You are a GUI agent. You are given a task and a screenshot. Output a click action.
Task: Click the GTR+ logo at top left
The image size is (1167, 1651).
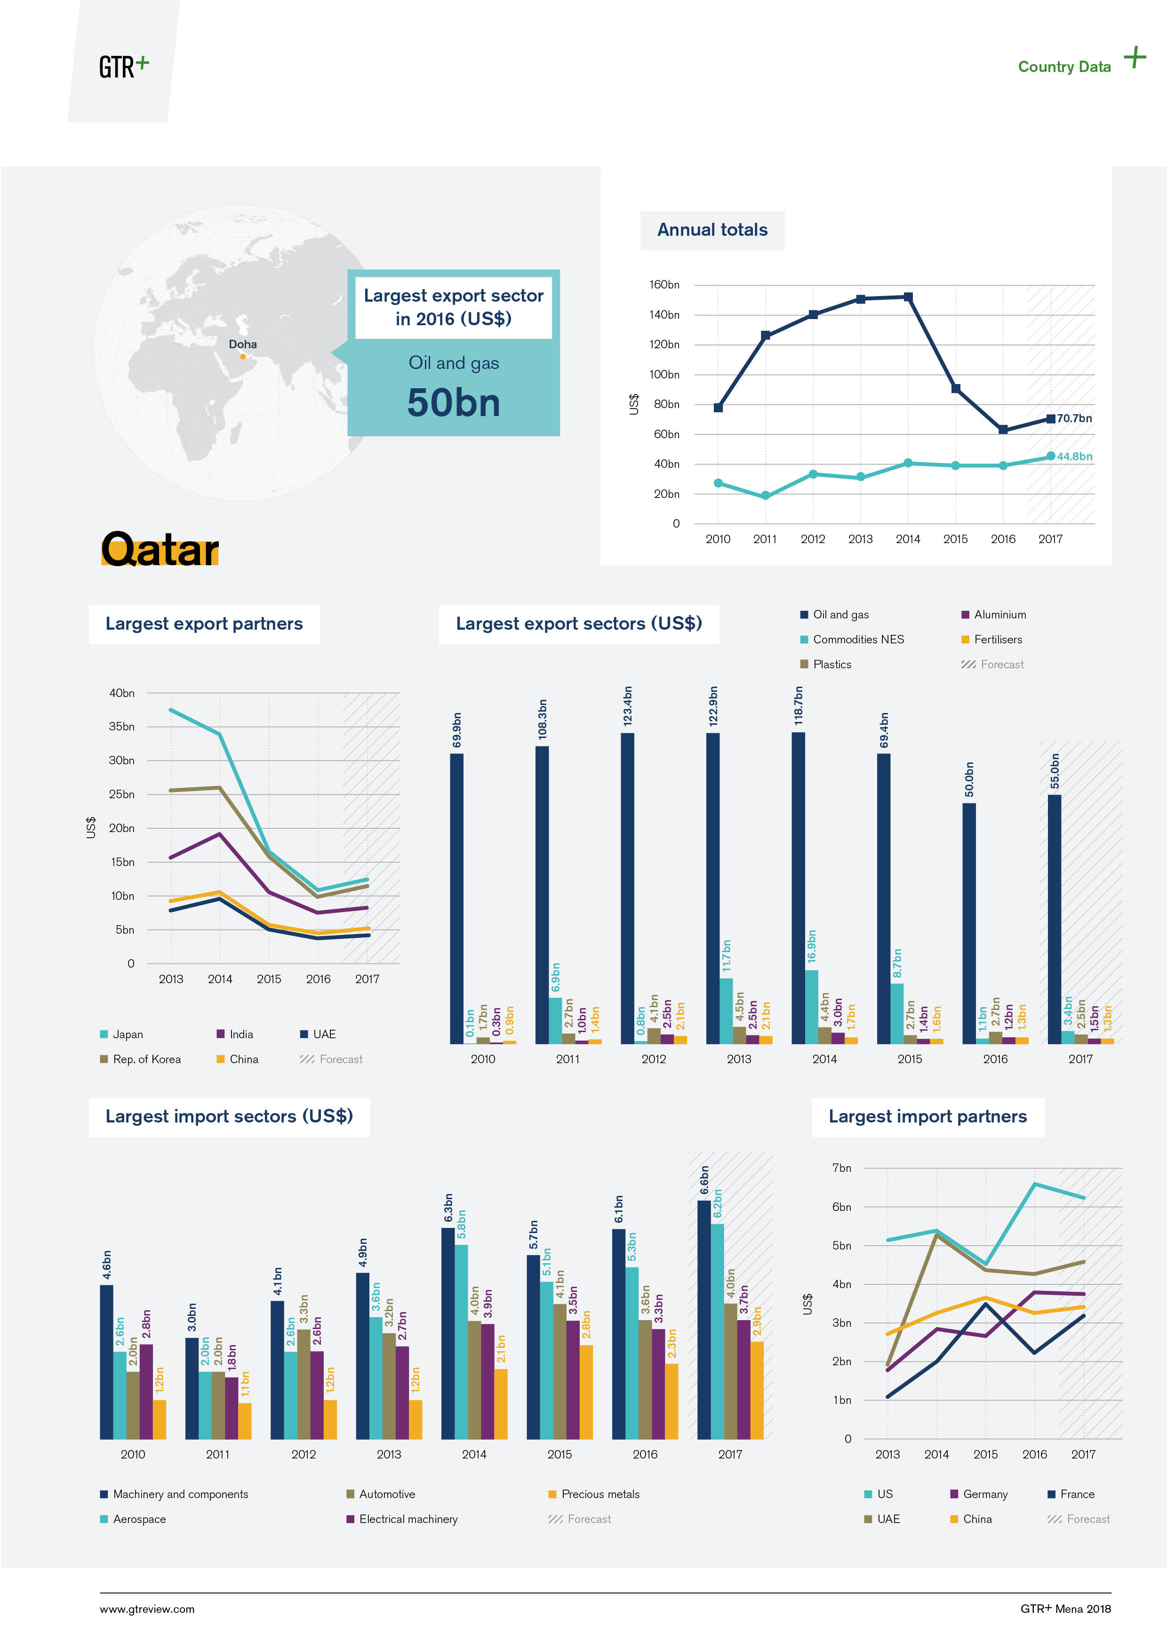tap(124, 66)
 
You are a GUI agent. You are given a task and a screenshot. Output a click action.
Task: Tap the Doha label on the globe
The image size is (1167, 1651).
tap(242, 345)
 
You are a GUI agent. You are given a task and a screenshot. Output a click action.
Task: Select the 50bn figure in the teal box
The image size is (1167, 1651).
tap(453, 403)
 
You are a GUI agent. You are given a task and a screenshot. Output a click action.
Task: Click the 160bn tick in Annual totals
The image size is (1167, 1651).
tap(663, 285)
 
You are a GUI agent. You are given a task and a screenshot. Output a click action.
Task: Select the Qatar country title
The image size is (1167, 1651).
tap(160, 550)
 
